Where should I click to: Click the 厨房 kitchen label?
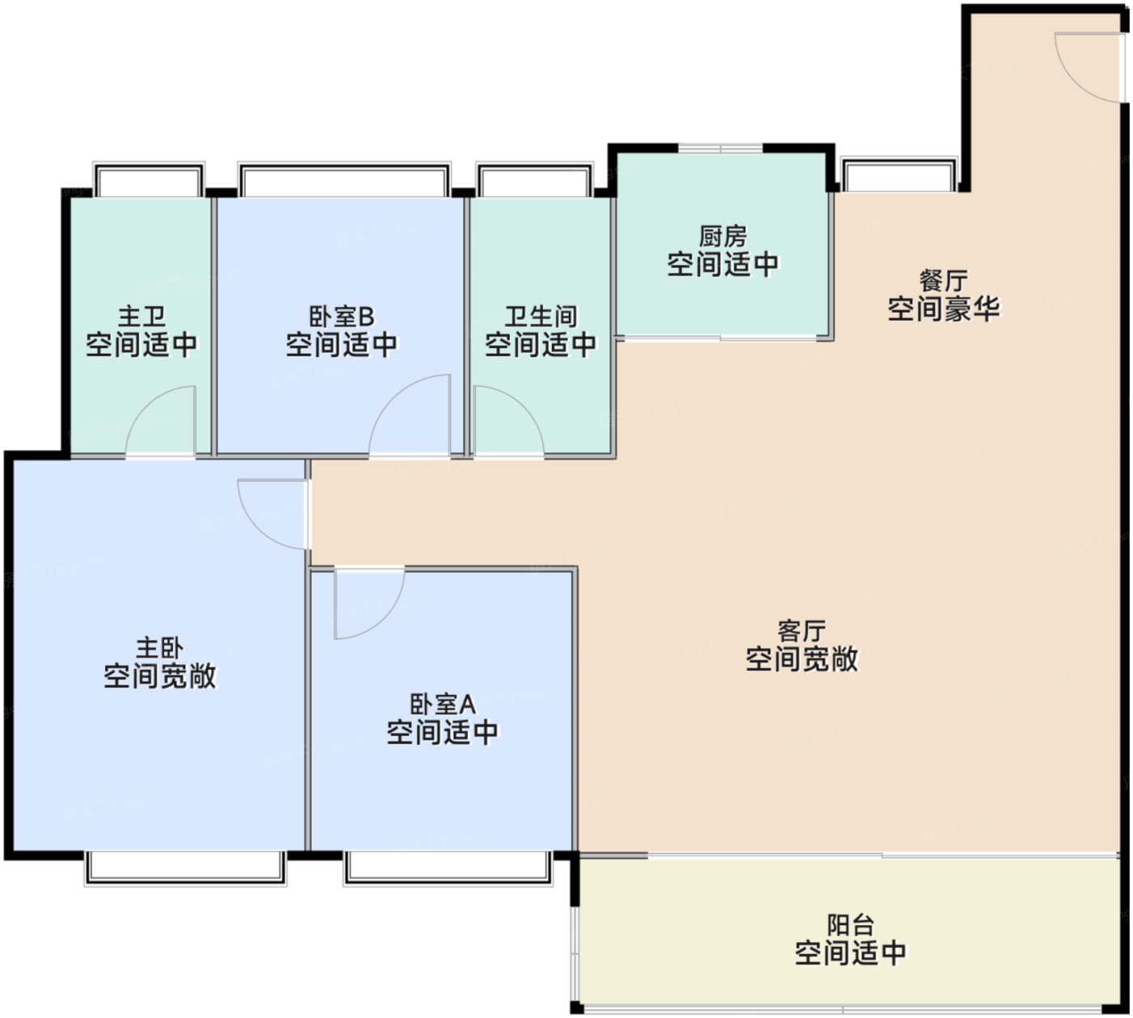pyautogui.click(x=723, y=236)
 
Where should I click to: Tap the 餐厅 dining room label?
pyautogui.click(x=944, y=282)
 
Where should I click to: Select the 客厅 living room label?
pyautogui.click(x=801, y=631)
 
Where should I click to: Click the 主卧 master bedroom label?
pyautogui.click(x=159, y=648)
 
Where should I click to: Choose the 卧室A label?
pyautogui.click(x=443, y=704)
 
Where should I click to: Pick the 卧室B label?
pyautogui.click(x=342, y=316)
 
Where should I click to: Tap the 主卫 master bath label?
pyautogui.click(x=142, y=316)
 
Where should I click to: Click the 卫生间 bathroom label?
pyautogui.click(x=541, y=316)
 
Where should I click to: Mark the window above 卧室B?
pyautogui.click(x=345, y=180)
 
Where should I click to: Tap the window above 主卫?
pyautogui.click(x=149, y=180)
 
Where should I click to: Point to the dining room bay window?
pyautogui.click(x=899, y=174)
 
